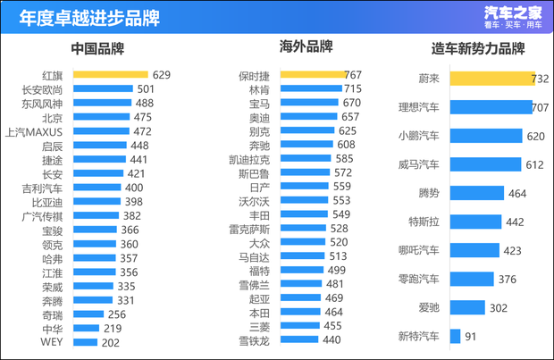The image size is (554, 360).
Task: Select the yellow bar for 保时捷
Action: point(304,76)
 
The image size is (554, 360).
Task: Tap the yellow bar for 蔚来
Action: point(492,79)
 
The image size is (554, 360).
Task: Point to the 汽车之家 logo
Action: point(513,16)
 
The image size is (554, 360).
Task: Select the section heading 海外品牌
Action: point(306,46)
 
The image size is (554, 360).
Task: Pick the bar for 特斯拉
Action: point(476,222)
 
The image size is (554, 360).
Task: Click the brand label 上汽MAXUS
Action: point(34,132)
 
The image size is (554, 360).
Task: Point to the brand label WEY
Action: point(51,341)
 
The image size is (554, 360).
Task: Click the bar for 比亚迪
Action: point(97,202)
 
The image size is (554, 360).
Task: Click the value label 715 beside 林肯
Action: point(354,89)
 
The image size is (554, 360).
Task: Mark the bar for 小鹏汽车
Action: point(486,136)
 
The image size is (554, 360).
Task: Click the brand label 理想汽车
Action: point(418,107)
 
